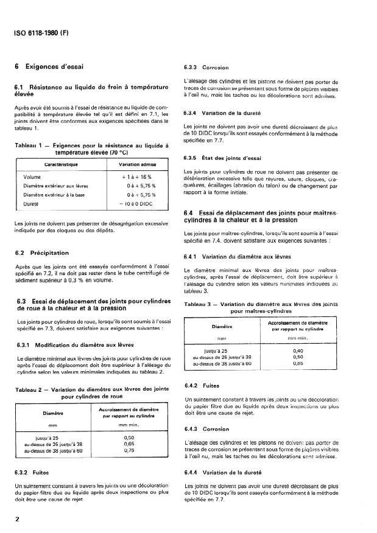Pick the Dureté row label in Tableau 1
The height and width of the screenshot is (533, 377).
click(32, 204)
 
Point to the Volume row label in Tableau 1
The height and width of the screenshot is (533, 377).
click(32, 176)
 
